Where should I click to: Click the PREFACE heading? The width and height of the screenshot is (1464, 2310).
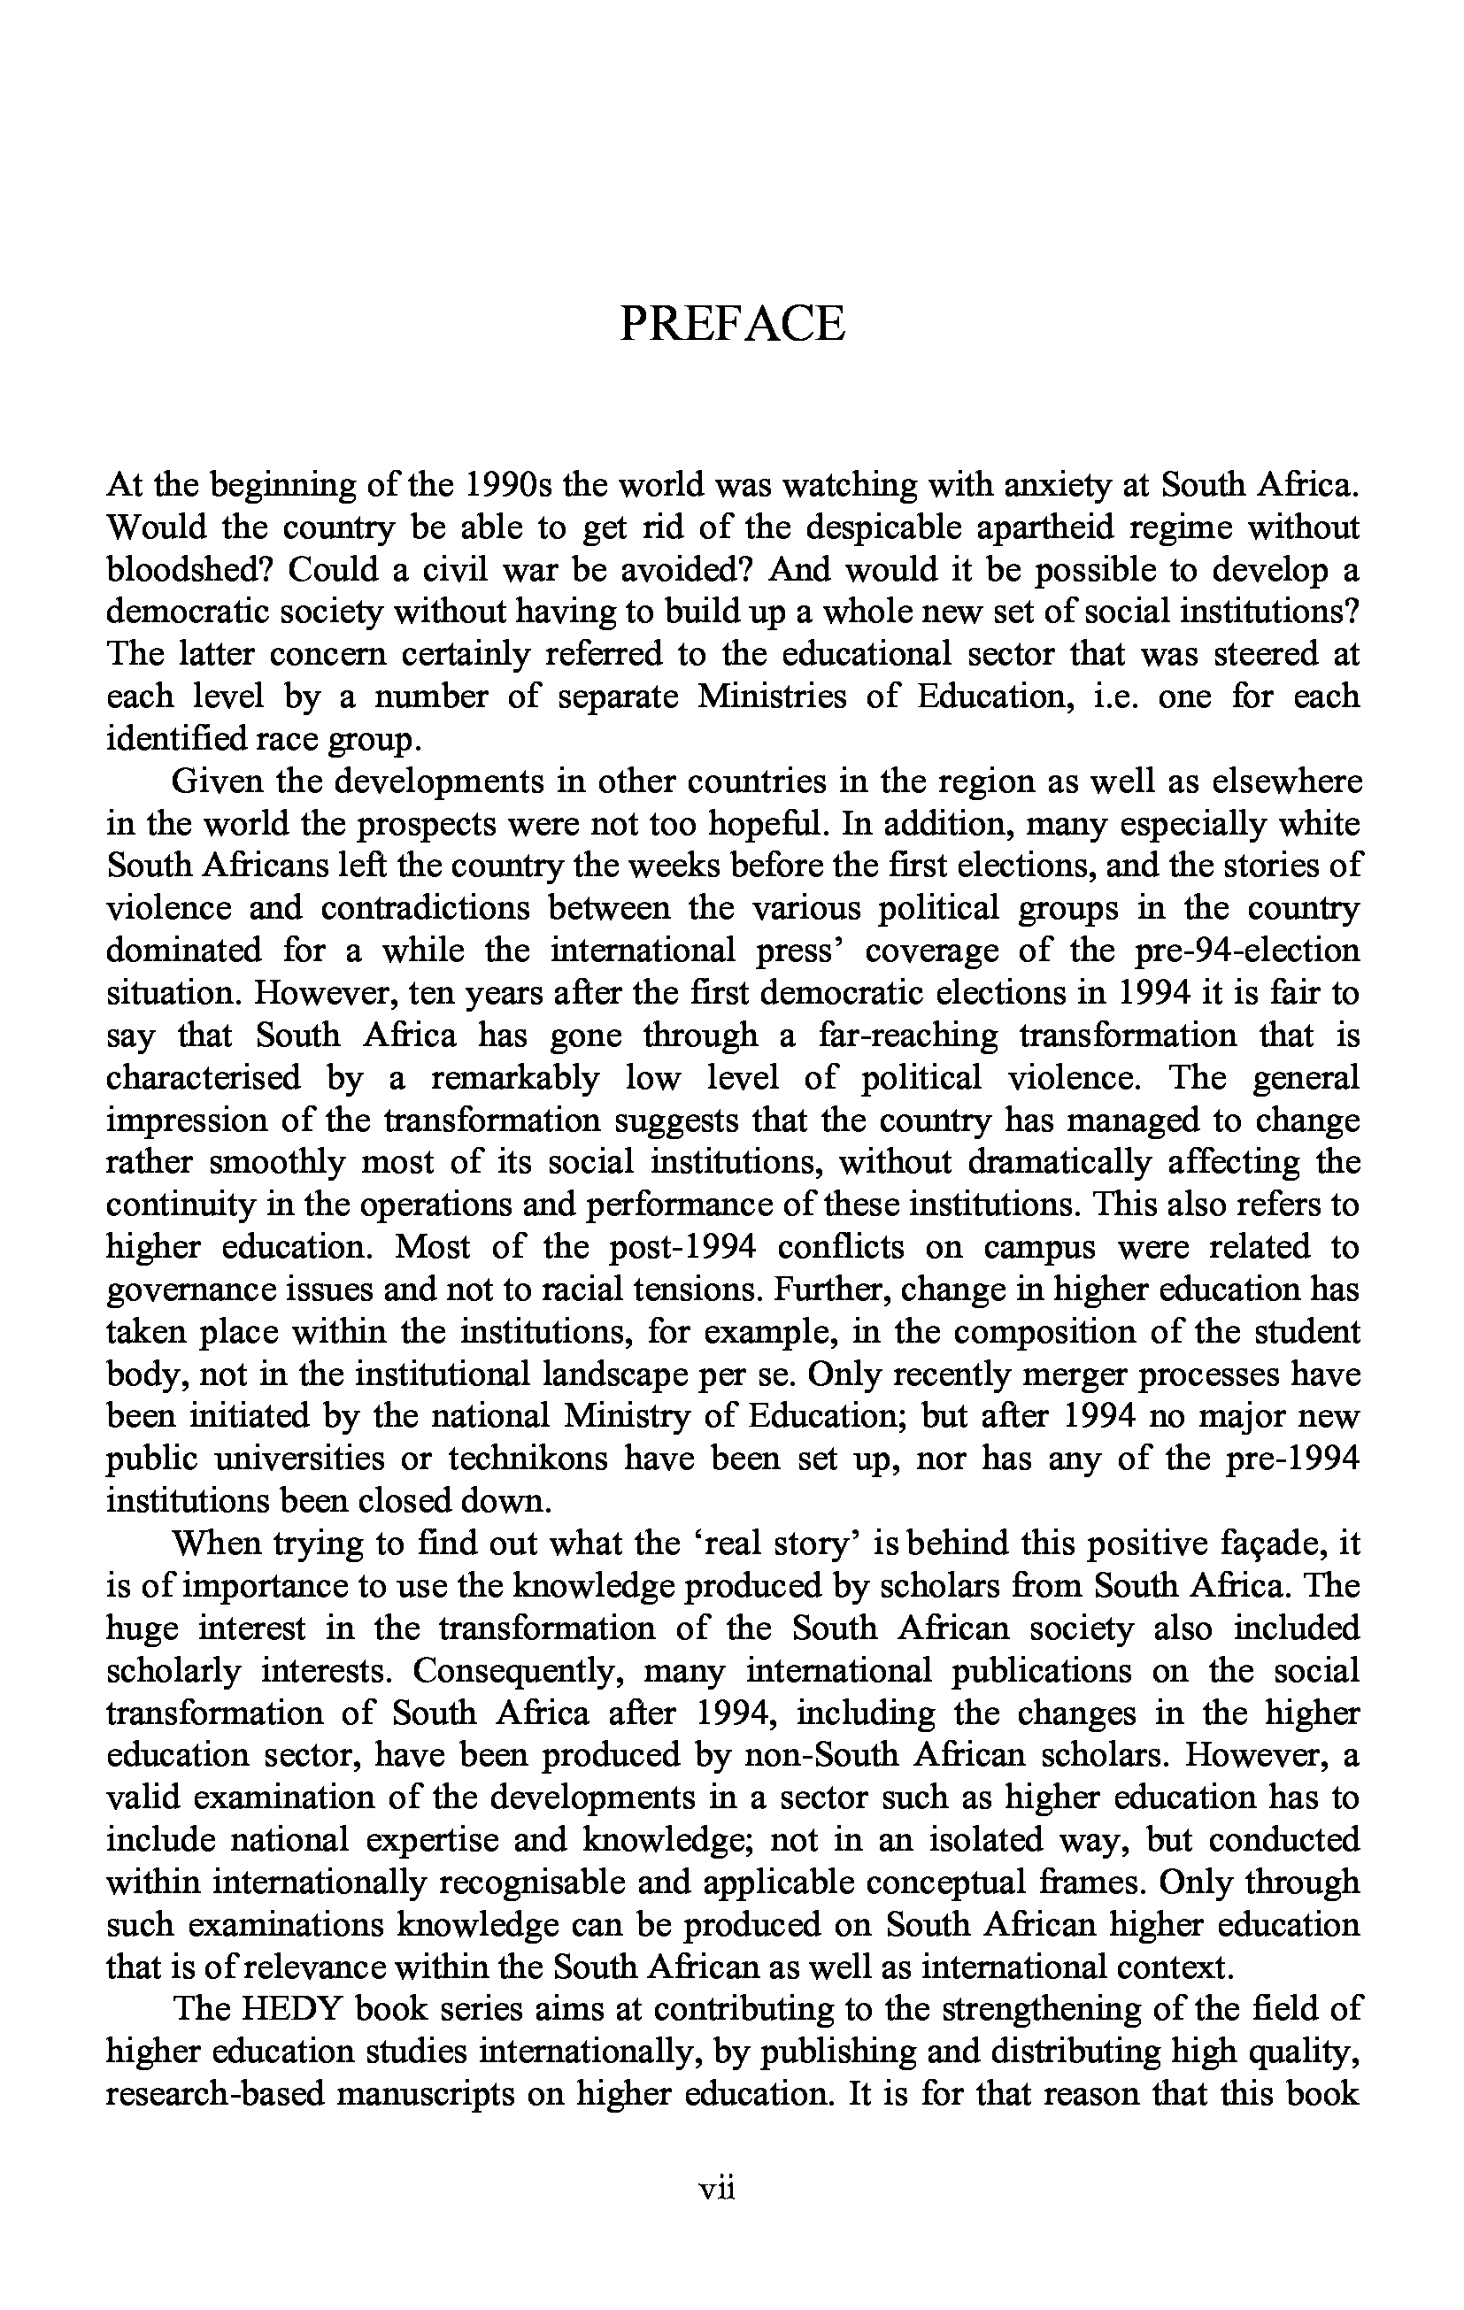(x=732, y=323)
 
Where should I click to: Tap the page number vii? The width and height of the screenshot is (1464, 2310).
(x=717, y=2188)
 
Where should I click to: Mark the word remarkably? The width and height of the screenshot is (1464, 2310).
(x=515, y=1077)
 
